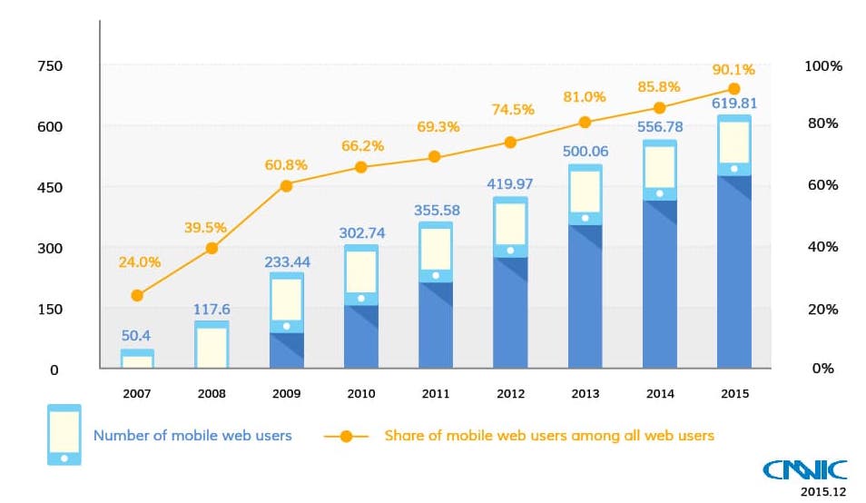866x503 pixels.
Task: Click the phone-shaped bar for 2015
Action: click(733, 242)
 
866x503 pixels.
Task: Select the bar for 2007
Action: click(137, 359)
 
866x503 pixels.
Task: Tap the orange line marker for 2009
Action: click(286, 185)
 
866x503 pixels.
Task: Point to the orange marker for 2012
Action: click(510, 142)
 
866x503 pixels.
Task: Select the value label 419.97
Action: click(509, 183)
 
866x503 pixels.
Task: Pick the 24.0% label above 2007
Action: click(139, 261)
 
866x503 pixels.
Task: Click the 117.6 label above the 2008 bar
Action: click(212, 309)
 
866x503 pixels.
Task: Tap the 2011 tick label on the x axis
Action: click(435, 394)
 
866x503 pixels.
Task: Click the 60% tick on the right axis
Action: click(822, 185)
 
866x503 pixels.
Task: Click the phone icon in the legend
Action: click(64, 435)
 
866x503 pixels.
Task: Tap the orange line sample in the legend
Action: click(346, 436)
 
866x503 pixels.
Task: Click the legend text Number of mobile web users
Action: click(192, 436)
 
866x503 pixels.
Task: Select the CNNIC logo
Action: click(804, 469)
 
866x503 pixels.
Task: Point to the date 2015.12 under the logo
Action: click(822, 492)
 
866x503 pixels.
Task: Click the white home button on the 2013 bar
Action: click(585, 218)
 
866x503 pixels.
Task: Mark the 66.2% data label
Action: click(361, 145)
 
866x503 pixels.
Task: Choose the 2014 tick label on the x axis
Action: click(659, 394)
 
